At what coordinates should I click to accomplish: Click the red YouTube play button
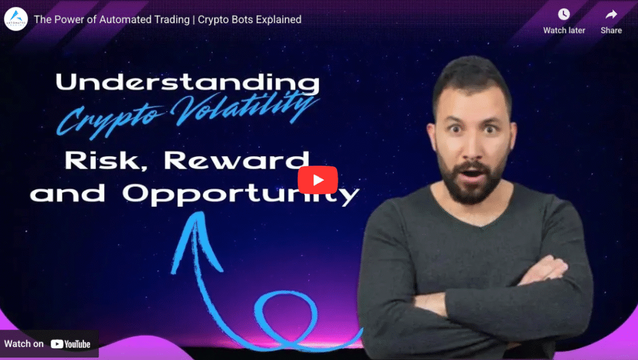click(318, 180)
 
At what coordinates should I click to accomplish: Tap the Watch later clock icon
click(564, 14)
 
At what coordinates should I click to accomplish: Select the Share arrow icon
click(611, 14)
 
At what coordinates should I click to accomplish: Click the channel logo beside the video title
click(16, 19)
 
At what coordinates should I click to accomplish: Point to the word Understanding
click(188, 83)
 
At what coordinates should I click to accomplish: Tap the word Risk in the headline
click(107, 161)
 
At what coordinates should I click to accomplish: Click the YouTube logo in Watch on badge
click(70, 344)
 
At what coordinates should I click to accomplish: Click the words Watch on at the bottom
click(24, 344)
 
